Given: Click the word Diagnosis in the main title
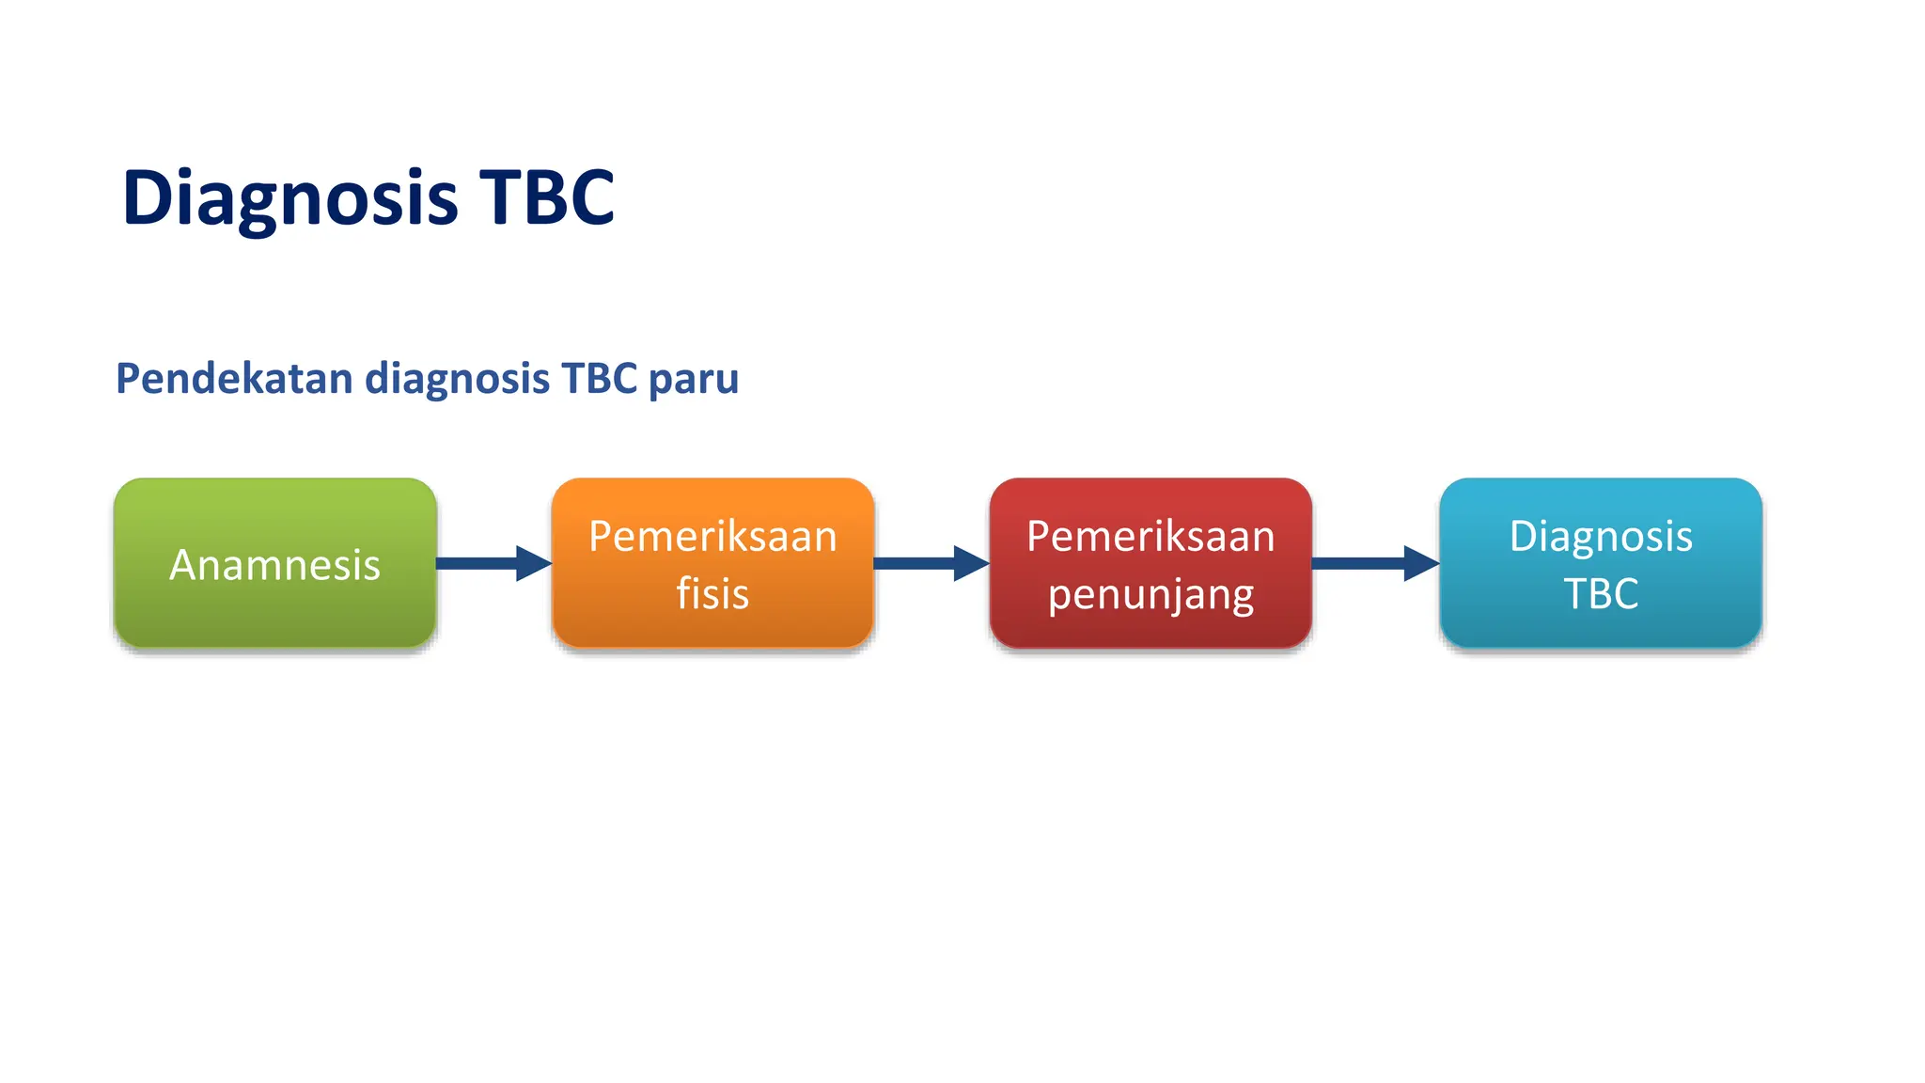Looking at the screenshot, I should [290, 198].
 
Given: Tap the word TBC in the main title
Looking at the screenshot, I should [546, 198].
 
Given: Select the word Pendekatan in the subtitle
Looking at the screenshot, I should [234, 379].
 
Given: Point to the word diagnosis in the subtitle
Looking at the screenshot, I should [457, 380].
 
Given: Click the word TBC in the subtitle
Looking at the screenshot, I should [599, 379].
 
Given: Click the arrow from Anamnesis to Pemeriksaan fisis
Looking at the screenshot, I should [493, 563].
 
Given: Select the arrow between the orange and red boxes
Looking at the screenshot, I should [931, 563].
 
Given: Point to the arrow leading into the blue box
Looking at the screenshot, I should [1375, 563].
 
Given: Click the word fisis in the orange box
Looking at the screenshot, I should [712, 594].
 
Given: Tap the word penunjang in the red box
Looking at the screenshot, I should [1150, 595].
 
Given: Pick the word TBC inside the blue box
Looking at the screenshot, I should [1601, 594].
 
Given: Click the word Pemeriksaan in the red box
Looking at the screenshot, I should [1150, 537].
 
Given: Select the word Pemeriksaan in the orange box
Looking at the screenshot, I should [712, 537].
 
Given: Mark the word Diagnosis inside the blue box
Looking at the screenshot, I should [1601, 537].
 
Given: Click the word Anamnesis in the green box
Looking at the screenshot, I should [274, 565].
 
